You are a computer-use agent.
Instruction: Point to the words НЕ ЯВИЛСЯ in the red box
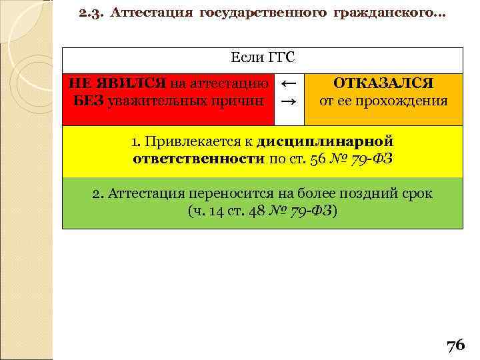[117, 83]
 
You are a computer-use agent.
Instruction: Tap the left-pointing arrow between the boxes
[289, 84]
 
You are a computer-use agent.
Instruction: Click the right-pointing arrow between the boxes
[289, 102]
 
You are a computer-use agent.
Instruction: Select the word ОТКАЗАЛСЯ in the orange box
[383, 84]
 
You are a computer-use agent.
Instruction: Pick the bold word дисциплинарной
[325, 141]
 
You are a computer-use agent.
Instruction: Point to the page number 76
[455, 345]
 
